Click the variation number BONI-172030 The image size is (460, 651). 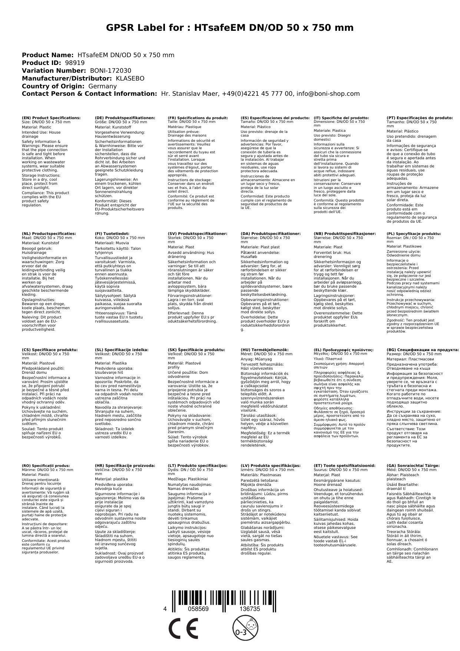pyautogui.click(x=110, y=71)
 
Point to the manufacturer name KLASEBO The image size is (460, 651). pyautogui.click(x=130, y=78)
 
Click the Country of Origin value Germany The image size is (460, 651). pyautogui.click(x=103, y=86)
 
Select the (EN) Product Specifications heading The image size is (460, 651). pyautogui.click(x=51, y=118)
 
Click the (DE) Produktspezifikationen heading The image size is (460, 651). pyautogui.click(x=125, y=118)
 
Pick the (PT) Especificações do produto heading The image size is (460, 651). pyautogui.click(x=420, y=118)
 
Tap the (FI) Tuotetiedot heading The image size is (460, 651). pyautogui.click(x=112, y=234)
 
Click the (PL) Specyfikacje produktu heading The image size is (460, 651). pyautogui.click(x=414, y=234)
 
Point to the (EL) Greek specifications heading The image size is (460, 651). pyautogui.click(x=343, y=350)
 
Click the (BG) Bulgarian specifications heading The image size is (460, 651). pyautogui.click(x=423, y=350)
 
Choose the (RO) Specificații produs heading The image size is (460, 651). pyautogui.click(x=46, y=465)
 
